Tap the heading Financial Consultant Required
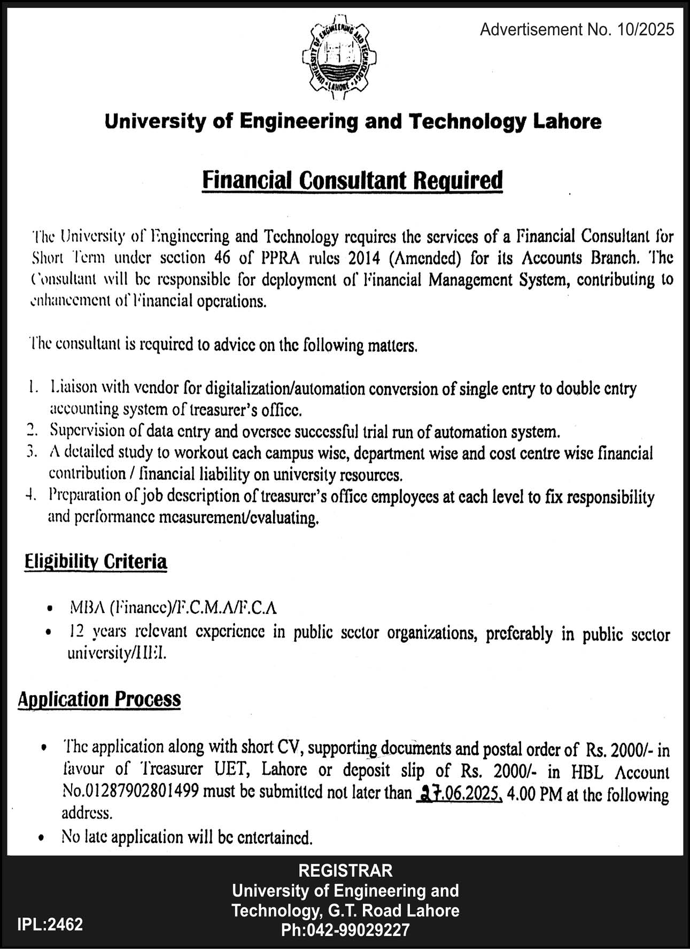pos(352,181)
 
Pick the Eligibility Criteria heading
pos(96,562)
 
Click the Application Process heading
pos(99,699)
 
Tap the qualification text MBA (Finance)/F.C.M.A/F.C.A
pos(173,608)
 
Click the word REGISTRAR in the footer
pos(346,870)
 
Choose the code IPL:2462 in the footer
pos(50,924)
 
